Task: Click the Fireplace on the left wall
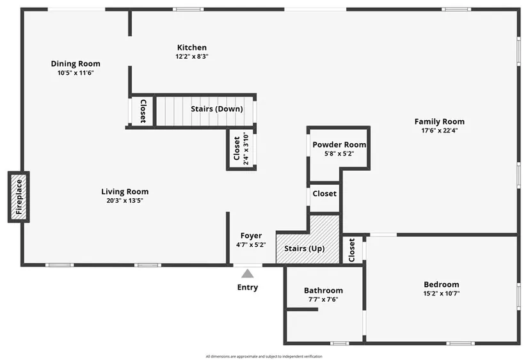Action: [19, 197]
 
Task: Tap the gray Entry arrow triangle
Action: [248, 274]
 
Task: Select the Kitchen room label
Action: [192, 47]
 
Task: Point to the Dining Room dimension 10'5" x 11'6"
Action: [76, 73]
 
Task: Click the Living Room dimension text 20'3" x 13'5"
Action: [125, 201]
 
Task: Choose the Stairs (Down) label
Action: [217, 109]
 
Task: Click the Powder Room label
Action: [339, 145]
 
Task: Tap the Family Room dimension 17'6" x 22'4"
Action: [440, 130]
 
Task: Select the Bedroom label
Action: [442, 285]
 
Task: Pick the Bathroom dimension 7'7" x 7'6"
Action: [323, 299]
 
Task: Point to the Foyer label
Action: [251, 235]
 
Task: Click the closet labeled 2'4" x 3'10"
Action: [241, 148]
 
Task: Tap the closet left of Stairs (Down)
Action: [143, 111]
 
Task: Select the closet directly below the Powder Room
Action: [324, 198]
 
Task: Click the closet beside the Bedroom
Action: [352, 250]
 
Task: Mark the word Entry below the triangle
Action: [248, 287]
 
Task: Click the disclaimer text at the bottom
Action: [264, 356]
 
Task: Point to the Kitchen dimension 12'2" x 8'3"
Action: [192, 56]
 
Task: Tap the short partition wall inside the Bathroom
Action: [302, 309]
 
